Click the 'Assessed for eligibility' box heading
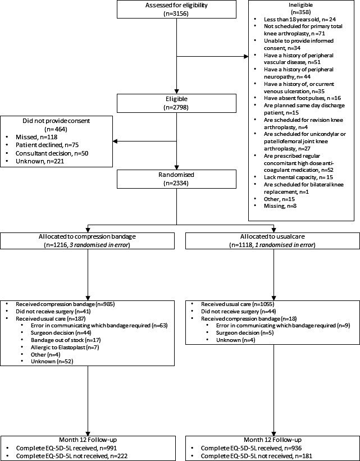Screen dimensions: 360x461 click(176, 4)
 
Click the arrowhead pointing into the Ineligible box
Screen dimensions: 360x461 click(246, 57)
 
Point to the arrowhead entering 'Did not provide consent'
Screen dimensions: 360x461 click(115, 142)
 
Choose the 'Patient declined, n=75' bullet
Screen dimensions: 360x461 click(47, 145)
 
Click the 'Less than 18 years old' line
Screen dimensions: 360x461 click(300, 19)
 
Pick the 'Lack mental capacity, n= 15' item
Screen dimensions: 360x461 click(299, 177)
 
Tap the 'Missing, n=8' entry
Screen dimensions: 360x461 click(280, 206)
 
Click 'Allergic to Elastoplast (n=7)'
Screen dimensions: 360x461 click(65, 347)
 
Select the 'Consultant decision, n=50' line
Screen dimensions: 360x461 click(52, 153)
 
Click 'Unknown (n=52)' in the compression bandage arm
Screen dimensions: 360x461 click(52, 362)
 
